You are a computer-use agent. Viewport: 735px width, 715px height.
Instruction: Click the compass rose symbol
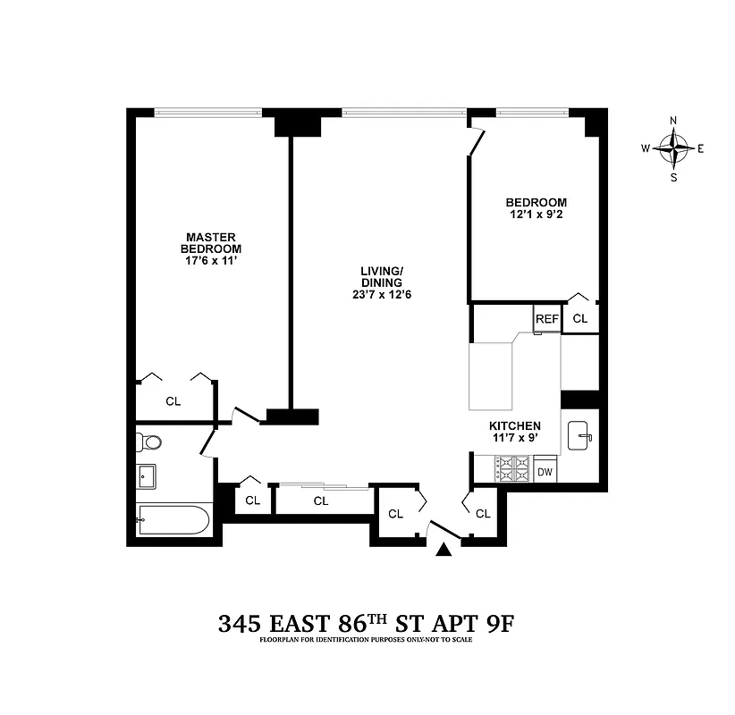[673, 148]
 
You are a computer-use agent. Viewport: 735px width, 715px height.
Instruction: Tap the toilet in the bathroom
[148, 442]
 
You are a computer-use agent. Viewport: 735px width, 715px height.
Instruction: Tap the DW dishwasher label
[545, 472]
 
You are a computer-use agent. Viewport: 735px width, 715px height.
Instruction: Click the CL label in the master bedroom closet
[173, 402]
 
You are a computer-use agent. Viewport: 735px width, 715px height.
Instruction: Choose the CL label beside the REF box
[580, 319]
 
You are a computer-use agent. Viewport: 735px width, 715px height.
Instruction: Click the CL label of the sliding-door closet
[321, 501]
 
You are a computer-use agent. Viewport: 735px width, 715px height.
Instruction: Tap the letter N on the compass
[673, 122]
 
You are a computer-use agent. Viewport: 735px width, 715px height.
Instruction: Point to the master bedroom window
[207, 113]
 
